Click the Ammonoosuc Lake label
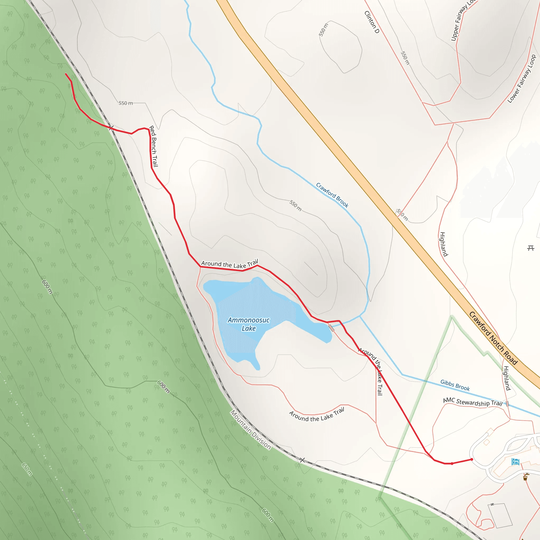pos(248,324)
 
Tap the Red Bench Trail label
pos(153,146)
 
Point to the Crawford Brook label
pos(332,195)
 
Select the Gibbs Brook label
pos(455,385)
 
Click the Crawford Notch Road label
pos(493,338)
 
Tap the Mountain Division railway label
pos(250,430)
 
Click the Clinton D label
pos(372,22)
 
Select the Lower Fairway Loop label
pos(522,79)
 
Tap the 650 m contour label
pos(27,469)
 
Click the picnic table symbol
pos(531,248)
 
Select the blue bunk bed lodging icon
pos(515,461)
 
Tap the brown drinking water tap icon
pos(525,476)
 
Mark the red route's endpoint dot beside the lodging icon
pos(472,459)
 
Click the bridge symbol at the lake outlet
pos(331,327)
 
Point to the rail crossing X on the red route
pos(111,128)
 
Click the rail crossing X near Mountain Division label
pos(302,460)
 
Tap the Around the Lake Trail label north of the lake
pos(229,264)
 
